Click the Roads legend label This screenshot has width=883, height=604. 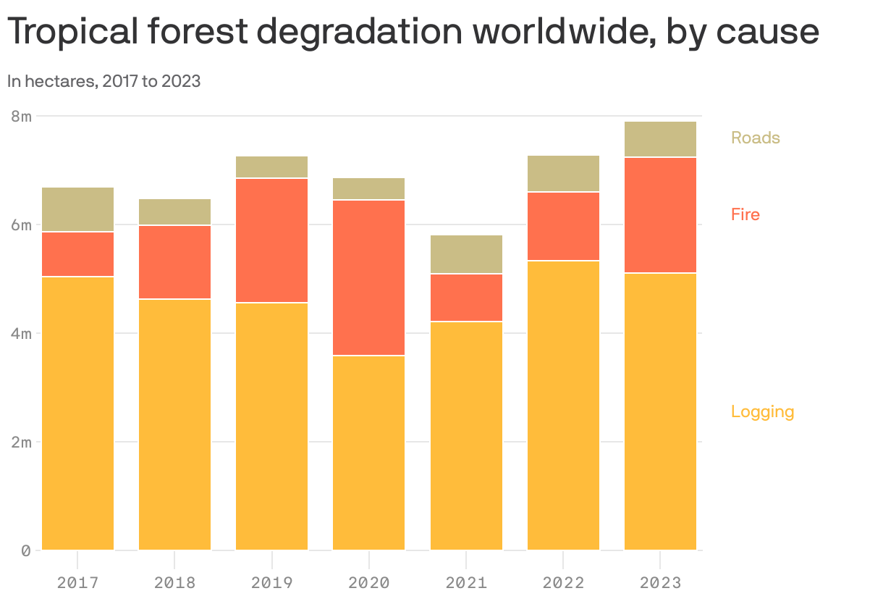pyautogui.click(x=755, y=138)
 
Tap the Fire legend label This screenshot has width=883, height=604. pyautogui.click(x=745, y=214)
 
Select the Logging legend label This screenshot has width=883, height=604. pyautogui.click(x=762, y=411)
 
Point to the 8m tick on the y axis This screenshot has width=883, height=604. pyautogui.click(x=22, y=116)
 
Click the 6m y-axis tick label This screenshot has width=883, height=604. pyautogui.click(x=22, y=225)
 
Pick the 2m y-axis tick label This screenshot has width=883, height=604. pyautogui.click(x=22, y=442)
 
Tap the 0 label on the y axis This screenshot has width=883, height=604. pyautogui.click(x=26, y=550)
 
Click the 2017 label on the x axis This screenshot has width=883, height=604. pyautogui.click(x=77, y=582)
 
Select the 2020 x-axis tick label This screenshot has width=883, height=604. pyautogui.click(x=368, y=582)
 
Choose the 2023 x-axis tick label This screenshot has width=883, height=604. pyautogui.click(x=660, y=582)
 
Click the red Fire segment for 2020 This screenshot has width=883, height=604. pyautogui.click(x=368, y=277)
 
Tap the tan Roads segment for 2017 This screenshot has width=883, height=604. pyautogui.click(x=77, y=209)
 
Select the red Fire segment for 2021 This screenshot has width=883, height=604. pyautogui.click(x=466, y=298)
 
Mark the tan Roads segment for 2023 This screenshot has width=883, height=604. pyautogui.click(x=660, y=139)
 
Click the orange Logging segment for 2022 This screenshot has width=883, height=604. pyautogui.click(x=563, y=406)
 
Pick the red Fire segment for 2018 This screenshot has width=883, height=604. pyautogui.click(x=174, y=262)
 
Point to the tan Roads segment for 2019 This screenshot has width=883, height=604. pyautogui.click(x=271, y=167)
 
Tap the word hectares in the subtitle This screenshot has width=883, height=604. pyautogui.click(x=59, y=81)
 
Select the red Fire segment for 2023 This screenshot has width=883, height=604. pyautogui.click(x=660, y=215)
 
